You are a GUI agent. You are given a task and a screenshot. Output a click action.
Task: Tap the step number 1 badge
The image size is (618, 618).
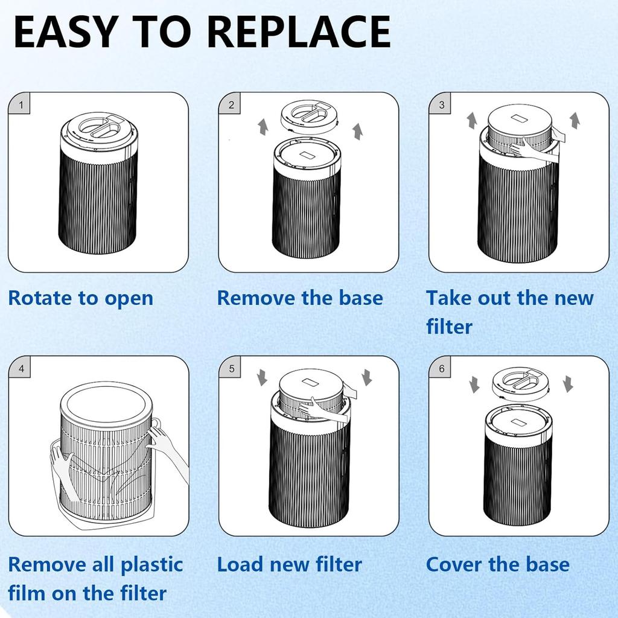coord(21,106)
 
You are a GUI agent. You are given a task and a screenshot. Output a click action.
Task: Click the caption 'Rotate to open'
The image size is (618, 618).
coord(81,298)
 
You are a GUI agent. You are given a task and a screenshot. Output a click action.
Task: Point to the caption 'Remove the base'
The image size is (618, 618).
coord(300,298)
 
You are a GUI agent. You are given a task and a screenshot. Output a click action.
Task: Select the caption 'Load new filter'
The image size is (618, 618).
coord(289,565)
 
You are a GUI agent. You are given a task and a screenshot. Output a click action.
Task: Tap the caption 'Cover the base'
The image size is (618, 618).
coord(497,565)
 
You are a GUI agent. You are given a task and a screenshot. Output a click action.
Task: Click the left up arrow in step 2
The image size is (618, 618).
coord(263,126)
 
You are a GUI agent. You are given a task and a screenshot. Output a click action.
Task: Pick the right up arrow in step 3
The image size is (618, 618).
coord(575,119)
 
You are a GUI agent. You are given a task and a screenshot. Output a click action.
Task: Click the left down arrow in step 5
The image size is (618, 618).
coord(262,378)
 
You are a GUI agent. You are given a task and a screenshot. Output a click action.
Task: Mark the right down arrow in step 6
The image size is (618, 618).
coord(567,383)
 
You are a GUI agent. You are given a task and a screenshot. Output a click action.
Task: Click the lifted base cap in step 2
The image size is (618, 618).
coord(309,116)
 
